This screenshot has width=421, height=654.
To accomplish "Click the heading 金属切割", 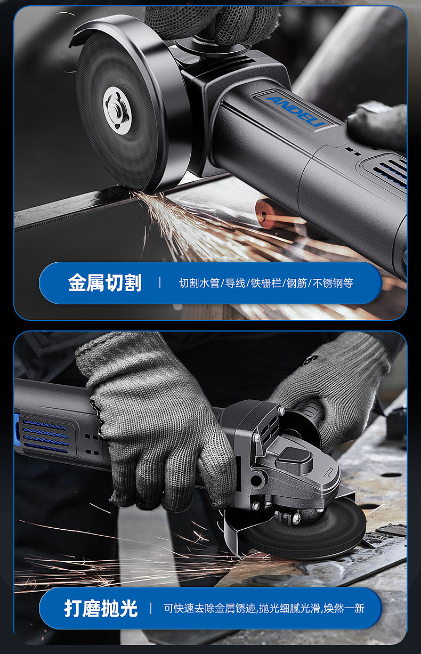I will click(104, 283).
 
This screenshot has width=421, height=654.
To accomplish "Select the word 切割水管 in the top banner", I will click(199, 283).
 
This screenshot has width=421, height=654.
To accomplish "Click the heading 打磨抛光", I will click(101, 608).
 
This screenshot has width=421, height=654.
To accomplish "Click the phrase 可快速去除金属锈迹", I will click(210, 608).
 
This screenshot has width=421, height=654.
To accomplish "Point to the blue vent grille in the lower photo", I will click(45, 434).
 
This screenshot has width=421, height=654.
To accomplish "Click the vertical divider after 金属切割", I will click(160, 283).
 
